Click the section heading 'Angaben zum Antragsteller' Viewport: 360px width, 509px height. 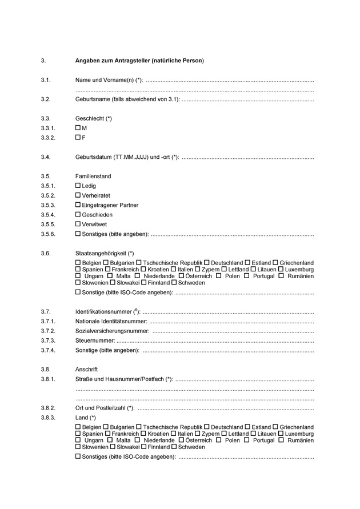point(139,61)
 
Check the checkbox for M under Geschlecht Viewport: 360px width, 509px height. point(78,129)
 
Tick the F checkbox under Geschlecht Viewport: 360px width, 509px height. point(78,138)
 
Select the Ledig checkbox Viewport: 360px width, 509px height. point(78,186)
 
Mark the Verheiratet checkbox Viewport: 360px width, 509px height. point(78,195)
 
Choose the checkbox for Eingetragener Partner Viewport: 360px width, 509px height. point(78,205)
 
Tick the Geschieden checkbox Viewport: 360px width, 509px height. point(78,215)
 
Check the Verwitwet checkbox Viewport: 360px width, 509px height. point(78,225)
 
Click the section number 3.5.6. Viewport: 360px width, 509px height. point(48,234)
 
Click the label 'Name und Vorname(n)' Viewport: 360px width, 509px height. point(109,80)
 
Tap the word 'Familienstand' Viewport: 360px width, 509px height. point(93,177)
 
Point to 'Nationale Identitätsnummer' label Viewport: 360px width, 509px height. point(111,322)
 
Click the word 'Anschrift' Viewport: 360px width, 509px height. point(87,370)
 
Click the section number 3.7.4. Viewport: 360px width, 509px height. point(48,350)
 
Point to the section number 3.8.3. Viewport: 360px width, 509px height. point(48,418)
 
